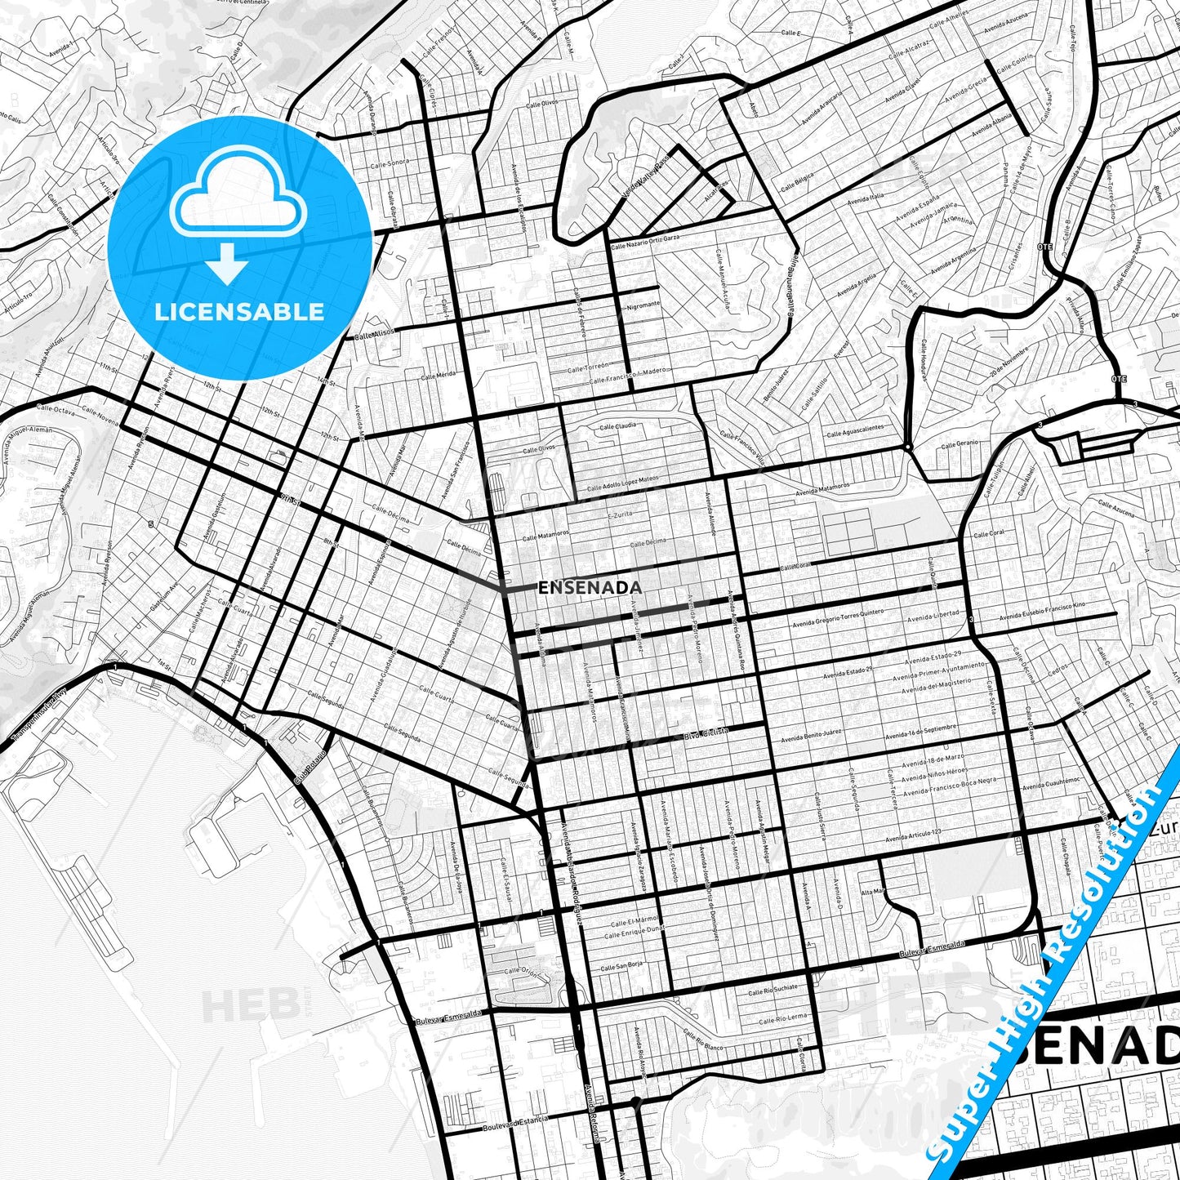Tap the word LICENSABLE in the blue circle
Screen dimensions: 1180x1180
point(239,312)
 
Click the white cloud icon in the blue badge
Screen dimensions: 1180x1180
point(238,200)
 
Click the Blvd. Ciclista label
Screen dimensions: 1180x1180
point(706,733)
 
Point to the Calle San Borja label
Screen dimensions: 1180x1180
point(621,965)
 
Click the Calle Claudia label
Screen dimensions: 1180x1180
point(618,426)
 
